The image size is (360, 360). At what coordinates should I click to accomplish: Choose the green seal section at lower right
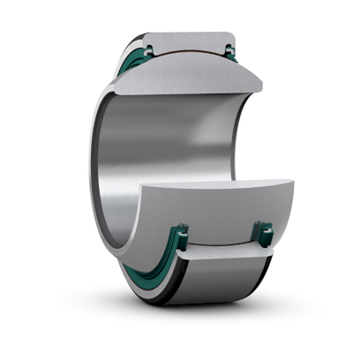pyautogui.click(x=262, y=234)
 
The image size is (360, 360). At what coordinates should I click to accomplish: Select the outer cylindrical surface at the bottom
pyautogui.click(x=221, y=287)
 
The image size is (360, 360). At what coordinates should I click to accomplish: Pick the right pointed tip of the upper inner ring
pyautogui.click(x=261, y=86)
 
